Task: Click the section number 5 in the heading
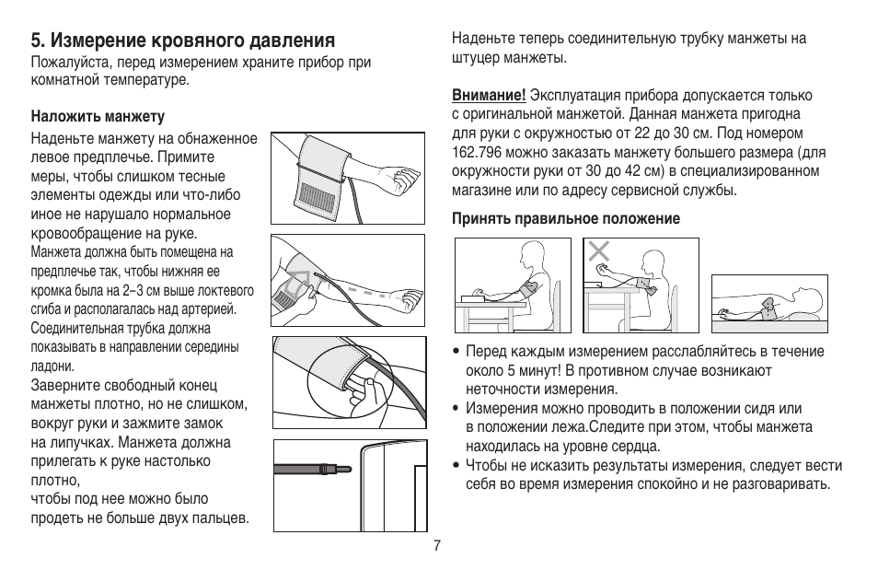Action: click(x=36, y=41)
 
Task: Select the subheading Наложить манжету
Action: click(x=98, y=117)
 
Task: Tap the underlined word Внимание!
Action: click(x=488, y=96)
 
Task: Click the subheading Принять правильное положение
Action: click(x=564, y=219)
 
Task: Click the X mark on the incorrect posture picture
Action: click(x=600, y=250)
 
